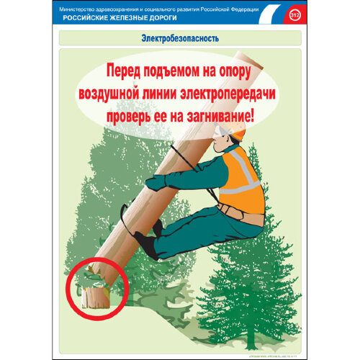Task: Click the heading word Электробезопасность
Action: click(x=180, y=37)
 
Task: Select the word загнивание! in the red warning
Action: click(x=220, y=113)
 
